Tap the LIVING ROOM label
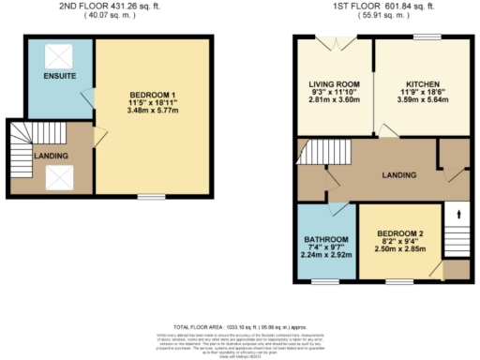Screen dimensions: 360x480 333,83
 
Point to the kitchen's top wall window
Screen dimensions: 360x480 427,37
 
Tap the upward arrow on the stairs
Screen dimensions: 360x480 457,215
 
